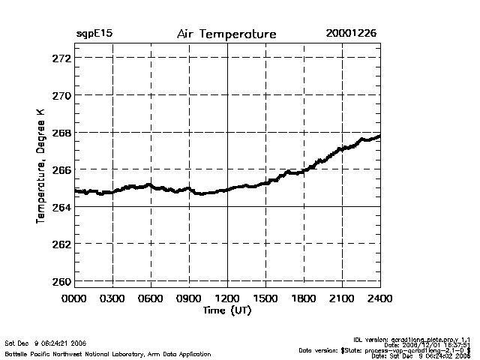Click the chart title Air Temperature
pyautogui.click(x=226, y=34)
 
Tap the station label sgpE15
pyautogui.click(x=94, y=34)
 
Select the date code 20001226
pyautogui.click(x=351, y=34)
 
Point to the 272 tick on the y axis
pyautogui.click(x=61, y=58)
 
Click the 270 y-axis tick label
pyautogui.click(x=61, y=95)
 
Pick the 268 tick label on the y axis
pyautogui.click(x=61, y=133)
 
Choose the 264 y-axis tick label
pyautogui.click(x=61, y=207)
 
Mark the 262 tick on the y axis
pyautogui.click(x=61, y=244)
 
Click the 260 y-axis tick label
pyautogui.click(x=61, y=281)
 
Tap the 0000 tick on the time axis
pyautogui.click(x=75, y=298)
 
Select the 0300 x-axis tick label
pyautogui.click(x=112, y=298)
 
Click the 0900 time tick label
pyautogui.click(x=189, y=298)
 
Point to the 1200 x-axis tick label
pyautogui.click(x=227, y=298)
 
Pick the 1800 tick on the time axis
pyautogui.click(x=304, y=298)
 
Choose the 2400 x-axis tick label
pyautogui.click(x=379, y=298)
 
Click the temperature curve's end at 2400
pyautogui.click(x=379, y=136)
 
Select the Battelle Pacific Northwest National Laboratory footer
pyautogui.click(x=108, y=353)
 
